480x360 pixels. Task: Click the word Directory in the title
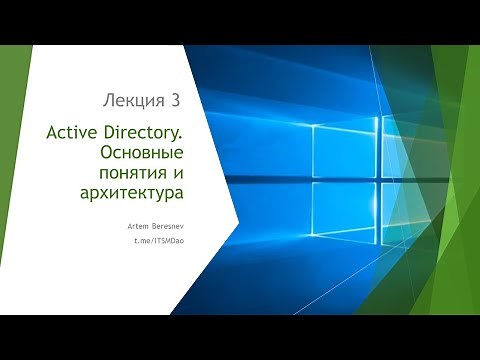click(141, 134)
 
